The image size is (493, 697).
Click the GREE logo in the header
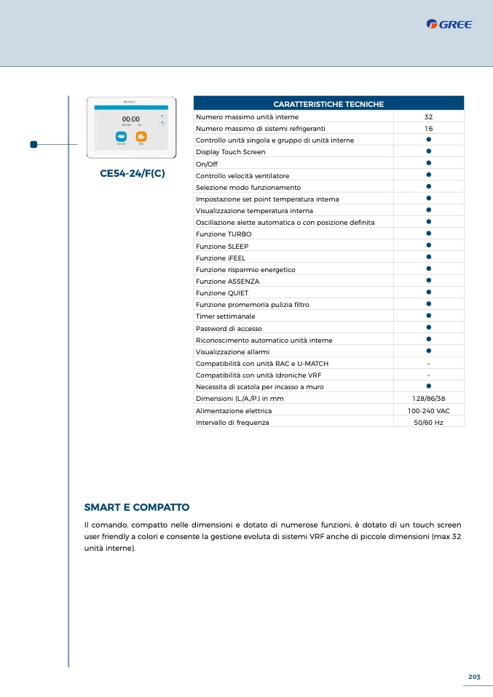449,25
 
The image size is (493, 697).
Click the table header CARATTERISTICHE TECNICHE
328,105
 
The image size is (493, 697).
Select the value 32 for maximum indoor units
428,116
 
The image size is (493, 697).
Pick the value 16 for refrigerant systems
428,128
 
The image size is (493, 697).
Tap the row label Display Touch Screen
230,152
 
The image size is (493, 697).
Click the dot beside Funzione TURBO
429,234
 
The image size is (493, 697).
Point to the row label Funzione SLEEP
222,246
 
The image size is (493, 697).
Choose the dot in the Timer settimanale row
429,316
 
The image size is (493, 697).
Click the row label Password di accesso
229,328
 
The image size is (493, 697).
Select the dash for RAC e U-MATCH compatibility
428,363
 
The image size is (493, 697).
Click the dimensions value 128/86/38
428,399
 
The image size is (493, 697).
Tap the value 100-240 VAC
428,410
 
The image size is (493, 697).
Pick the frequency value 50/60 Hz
428,422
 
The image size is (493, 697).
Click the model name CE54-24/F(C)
132,174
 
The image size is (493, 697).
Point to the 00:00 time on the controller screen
131,119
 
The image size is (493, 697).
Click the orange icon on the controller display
141,136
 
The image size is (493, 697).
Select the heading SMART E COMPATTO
137,507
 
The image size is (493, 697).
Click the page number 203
474,677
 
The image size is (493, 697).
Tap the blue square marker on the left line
33,144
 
